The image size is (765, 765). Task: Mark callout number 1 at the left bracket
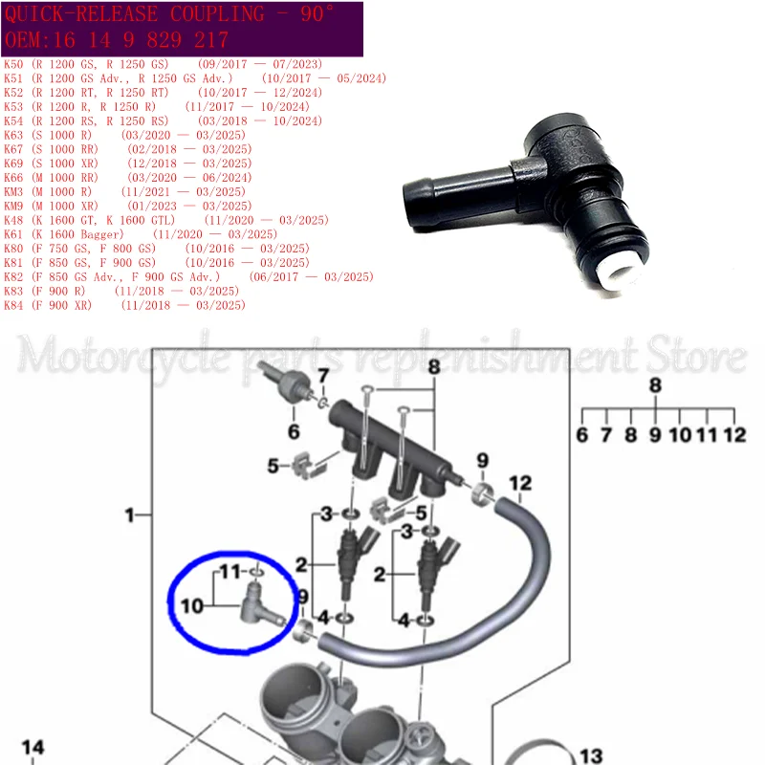click(x=130, y=516)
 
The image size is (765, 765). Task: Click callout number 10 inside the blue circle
click(x=191, y=605)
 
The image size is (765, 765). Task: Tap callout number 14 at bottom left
click(x=33, y=747)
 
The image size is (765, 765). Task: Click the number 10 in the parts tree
click(x=680, y=435)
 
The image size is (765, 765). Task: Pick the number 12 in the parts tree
click(x=733, y=435)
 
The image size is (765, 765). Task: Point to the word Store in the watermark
click(x=690, y=359)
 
